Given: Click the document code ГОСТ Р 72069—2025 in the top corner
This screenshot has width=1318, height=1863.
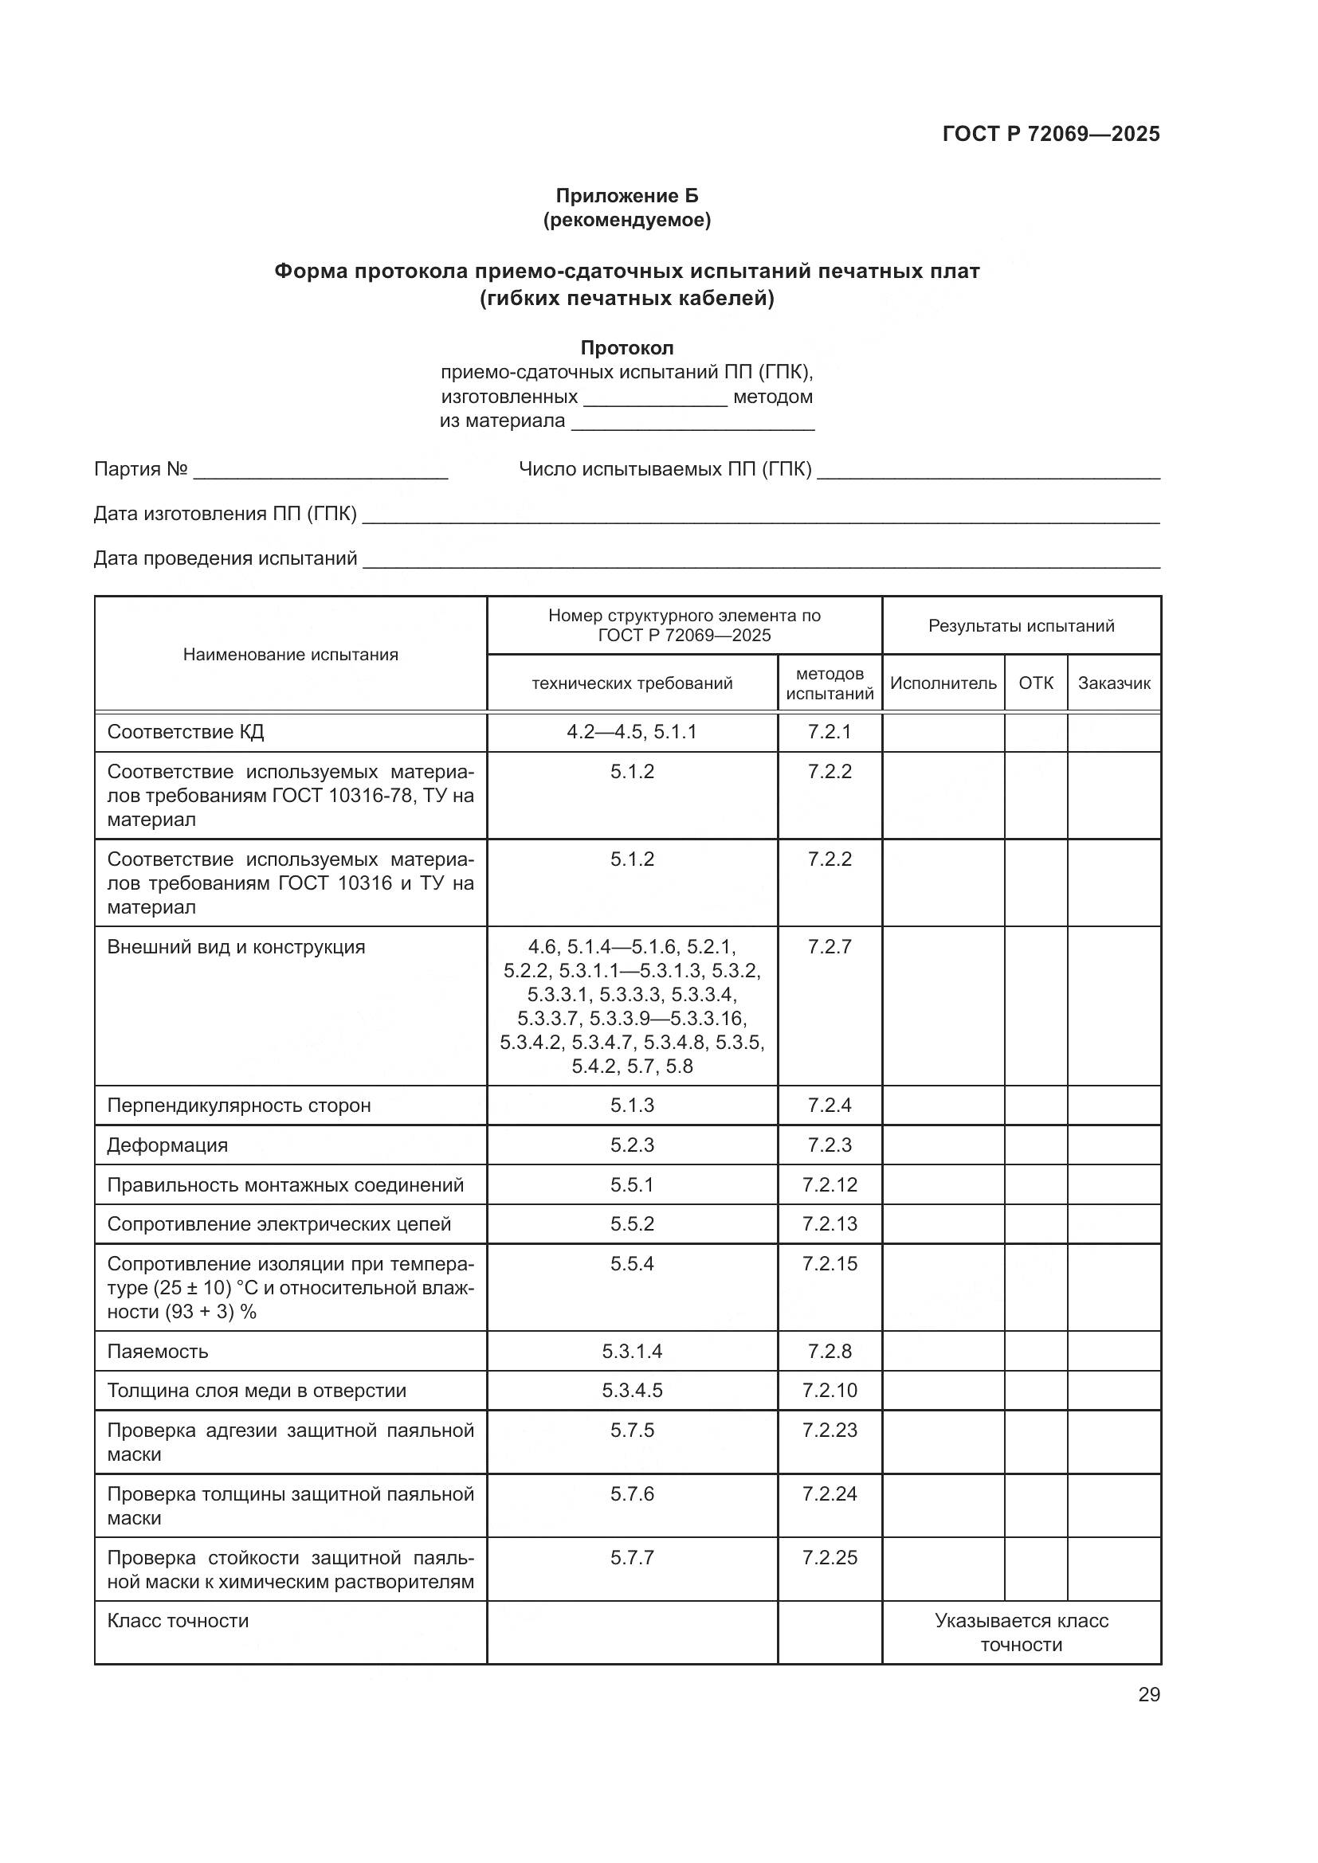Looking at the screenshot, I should coord(1051,134).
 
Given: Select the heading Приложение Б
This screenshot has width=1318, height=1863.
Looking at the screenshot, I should coord(626,196).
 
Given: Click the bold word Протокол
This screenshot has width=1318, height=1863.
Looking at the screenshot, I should coord(626,348).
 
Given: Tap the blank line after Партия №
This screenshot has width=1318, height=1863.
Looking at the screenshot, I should coord(320,471).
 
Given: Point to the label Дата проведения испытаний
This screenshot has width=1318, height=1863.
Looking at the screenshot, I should coord(226,558).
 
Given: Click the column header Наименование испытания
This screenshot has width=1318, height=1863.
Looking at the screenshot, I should coord(291,655).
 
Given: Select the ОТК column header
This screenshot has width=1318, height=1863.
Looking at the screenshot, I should coord(1036,683).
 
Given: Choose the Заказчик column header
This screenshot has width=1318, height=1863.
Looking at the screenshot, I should coord(1113,683).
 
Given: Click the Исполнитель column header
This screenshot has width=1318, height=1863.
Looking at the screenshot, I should coord(943,683).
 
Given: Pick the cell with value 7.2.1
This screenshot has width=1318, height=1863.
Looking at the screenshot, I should coord(830,732).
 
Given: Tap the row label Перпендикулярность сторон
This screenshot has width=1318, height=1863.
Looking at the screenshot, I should coord(238,1106).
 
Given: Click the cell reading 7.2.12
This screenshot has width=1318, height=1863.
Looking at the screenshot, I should coord(830,1184).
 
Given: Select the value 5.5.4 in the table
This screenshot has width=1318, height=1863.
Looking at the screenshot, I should coord(631,1264).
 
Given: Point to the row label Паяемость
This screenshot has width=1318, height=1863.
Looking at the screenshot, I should coord(158,1351).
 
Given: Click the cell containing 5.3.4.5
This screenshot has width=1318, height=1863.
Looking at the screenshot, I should coord(631,1391).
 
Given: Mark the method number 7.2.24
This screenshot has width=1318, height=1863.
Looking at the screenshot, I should coord(830,1493).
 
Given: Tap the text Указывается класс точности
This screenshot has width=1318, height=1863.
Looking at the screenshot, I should coord(1021,1633).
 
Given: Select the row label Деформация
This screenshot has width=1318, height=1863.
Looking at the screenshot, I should coord(167,1145).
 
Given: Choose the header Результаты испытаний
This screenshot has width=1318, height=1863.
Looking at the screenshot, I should coord(1021,625).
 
